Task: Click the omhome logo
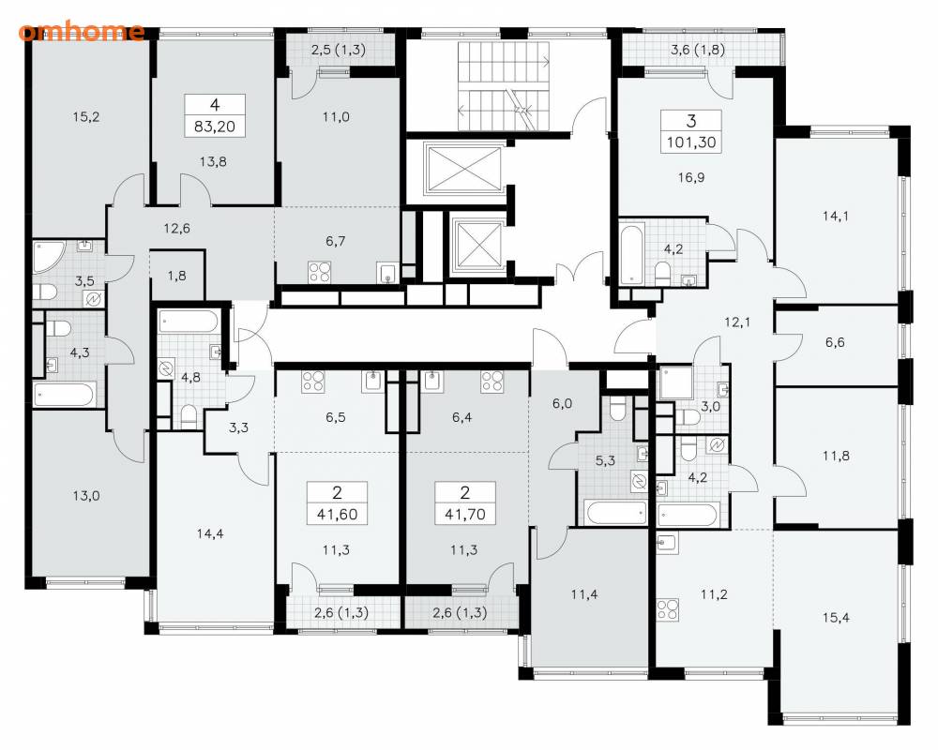[81, 31]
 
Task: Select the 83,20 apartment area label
[215, 127]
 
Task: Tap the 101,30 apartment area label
[691, 142]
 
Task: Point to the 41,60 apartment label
[338, 514]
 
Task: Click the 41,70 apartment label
[465, 514]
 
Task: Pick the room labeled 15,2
[86, 117]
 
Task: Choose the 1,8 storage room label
[176, 276]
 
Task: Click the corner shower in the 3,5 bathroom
[48, 256]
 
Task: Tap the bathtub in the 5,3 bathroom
[617, 513]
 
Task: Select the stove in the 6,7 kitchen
[320, 272]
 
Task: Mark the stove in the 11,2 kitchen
[668, 609]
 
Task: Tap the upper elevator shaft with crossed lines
[462, 170]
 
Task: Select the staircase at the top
[504, 85]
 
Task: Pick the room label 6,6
[835, 342]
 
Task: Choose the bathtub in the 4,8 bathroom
[188, 322]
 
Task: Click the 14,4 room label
[210, 533]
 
